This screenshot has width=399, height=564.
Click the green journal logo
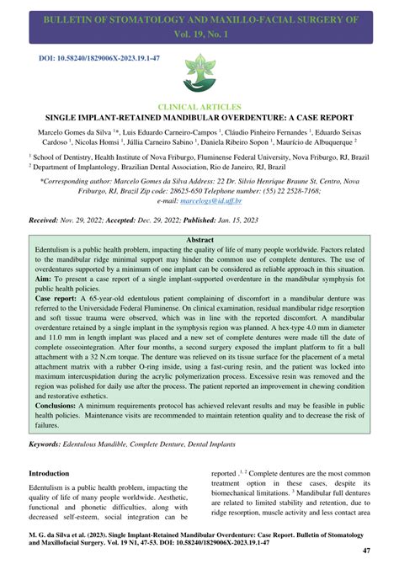(x=199, y=72)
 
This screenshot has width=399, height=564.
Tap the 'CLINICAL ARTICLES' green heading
(x=199, y=108)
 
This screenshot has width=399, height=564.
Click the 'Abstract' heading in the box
(x=199, y=240)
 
